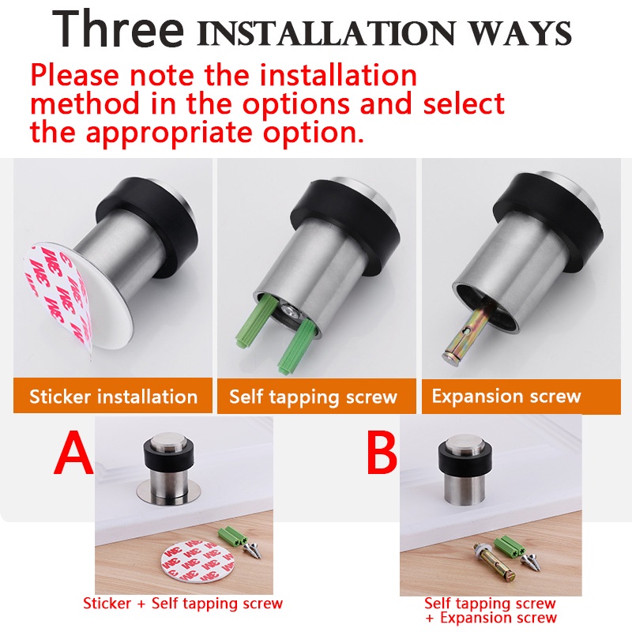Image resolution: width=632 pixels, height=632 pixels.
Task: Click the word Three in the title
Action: point(118,28)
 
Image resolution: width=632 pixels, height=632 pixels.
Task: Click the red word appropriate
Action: point(169,133)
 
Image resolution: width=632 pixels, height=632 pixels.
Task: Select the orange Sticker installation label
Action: point(113,396)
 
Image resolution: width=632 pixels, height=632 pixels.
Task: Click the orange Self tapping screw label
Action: point(317,397)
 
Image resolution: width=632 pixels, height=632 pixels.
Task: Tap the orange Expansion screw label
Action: point(521,397)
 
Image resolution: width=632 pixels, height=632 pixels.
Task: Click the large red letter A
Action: point(73,453)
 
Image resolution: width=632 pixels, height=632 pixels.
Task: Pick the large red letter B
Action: point(382,453)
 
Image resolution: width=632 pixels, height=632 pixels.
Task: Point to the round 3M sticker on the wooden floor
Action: point(197,562)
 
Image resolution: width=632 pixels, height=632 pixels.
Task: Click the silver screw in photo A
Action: point(254,550)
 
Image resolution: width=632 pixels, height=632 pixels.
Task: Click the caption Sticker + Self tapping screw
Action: point(183,604)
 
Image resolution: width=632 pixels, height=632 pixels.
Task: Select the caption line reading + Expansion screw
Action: point(491,618)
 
